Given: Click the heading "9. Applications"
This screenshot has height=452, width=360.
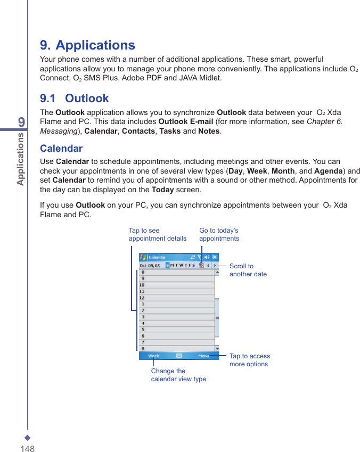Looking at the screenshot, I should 87,45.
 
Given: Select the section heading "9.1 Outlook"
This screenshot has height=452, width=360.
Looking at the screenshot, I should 74,98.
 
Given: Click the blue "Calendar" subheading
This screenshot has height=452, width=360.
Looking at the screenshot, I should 61,149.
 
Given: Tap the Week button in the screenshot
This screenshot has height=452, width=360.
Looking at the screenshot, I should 153,356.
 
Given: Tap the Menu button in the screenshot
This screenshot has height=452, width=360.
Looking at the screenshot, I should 203,356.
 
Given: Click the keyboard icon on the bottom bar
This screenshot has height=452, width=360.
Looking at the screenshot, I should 179,356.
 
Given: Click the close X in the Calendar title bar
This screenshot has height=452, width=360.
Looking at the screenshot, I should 215,257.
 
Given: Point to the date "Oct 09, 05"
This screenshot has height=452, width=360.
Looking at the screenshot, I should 150,265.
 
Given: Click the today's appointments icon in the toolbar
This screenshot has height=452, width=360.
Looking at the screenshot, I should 201,265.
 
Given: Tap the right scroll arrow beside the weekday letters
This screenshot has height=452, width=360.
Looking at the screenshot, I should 215,265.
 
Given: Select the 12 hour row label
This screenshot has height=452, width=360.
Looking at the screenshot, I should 142,298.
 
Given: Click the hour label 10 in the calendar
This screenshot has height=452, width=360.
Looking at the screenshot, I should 142,285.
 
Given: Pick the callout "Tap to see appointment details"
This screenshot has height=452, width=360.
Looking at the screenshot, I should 157,235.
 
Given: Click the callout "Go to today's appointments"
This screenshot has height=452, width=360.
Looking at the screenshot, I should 219,235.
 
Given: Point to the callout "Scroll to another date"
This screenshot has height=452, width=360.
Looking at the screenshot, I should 248,270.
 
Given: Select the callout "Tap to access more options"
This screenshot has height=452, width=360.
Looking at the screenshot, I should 249,360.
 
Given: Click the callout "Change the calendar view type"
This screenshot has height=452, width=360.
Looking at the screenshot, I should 178,375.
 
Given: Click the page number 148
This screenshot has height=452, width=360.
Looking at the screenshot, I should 28,448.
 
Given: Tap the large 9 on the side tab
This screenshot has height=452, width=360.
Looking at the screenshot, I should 21,122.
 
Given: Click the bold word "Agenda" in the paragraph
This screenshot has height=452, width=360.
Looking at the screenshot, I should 329,171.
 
